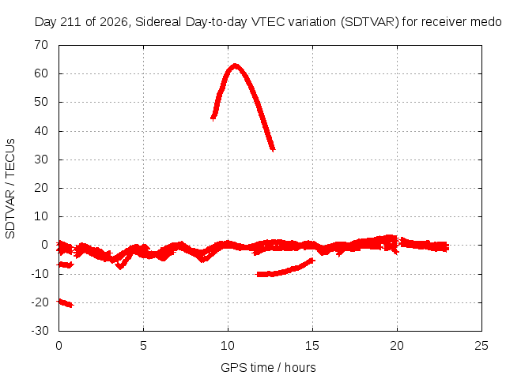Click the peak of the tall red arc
pos(236,66)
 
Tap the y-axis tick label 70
pos(41,45)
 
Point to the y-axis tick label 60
pos(41,73)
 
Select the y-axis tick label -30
pos(40,331)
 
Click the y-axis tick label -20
pos(40,302)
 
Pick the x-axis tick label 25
pos(481,346)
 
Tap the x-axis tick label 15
pos(312,346)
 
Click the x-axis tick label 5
pos(143,346)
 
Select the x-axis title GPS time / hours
pos(268,367)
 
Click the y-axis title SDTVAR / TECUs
pos(10,189)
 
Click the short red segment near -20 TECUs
pos(65,303)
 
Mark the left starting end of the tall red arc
pos(213,118)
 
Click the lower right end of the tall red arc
pos(273,149)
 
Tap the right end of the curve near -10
pos(312,260)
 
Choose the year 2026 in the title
pos(113,22)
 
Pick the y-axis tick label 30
pos(41,159)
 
